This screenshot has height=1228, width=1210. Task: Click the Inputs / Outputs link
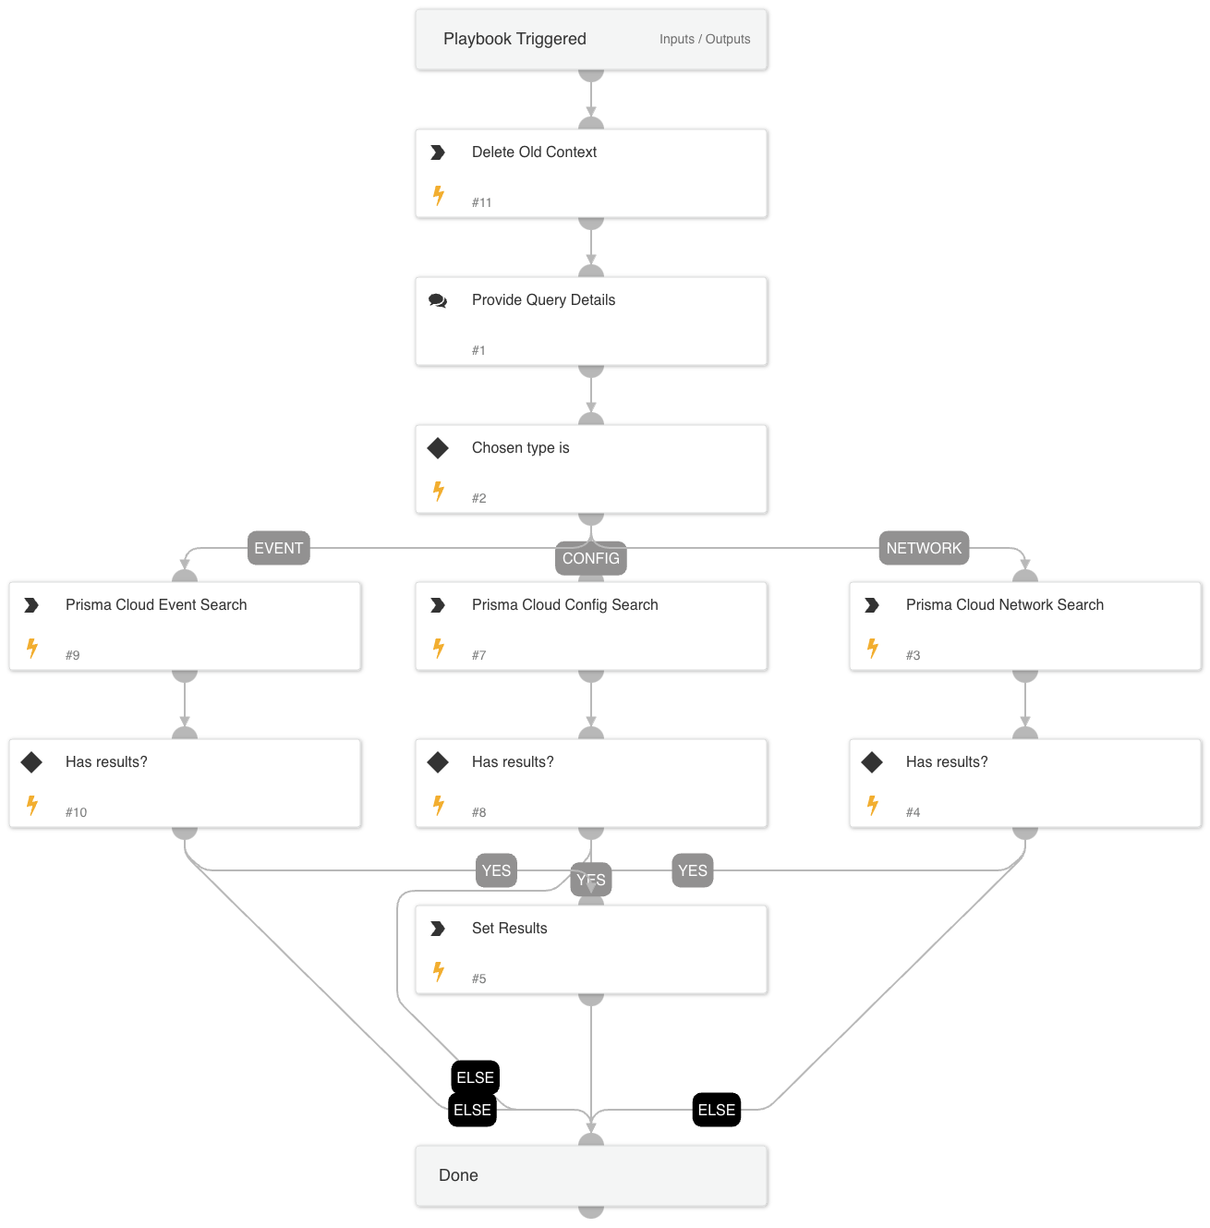[x=704, y=39]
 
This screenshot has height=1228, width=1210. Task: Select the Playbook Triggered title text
[x=514, y=39]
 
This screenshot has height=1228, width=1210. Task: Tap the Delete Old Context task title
[x=534, y=152]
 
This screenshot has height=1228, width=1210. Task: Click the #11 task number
[x=481, y=202]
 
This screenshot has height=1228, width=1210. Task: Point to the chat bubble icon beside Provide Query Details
[x=438, y=300]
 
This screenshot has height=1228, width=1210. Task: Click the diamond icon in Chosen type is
[x=438, y=448]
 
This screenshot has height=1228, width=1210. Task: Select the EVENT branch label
[x=278, y=548]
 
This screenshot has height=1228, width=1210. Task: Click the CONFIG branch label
[x=590, y=558]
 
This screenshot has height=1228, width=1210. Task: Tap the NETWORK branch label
[x=924, y=548]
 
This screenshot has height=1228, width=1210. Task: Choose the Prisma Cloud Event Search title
[x=156, y=604]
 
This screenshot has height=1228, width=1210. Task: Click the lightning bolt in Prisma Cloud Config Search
[x=439, y=648]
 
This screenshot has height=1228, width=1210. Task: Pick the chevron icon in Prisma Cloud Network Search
[x=872, y=605]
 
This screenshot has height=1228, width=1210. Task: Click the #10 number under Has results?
[x=76, y=812]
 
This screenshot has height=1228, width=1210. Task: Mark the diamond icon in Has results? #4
[x=872, y=762]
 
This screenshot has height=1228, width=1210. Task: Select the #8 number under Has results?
[x=478, y=812]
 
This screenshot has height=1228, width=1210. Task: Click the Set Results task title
[x=509, y=928]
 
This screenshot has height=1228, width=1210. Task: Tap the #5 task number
[x=478, y=979]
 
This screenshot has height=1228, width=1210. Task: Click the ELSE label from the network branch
[x=716, y=1110]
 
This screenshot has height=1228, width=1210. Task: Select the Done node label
[x=458, y=1175]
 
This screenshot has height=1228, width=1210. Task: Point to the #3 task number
[x=913, y=655]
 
